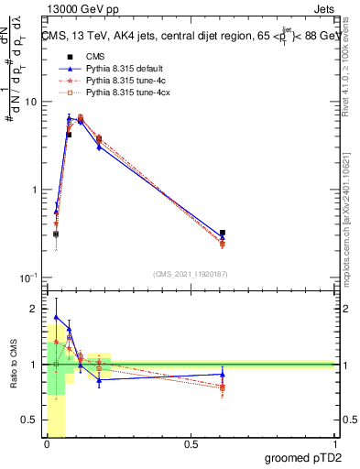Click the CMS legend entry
coord(95,56)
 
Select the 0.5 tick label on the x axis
coord(191,444)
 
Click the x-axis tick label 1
coord(333,444)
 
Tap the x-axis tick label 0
coord(47,444)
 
